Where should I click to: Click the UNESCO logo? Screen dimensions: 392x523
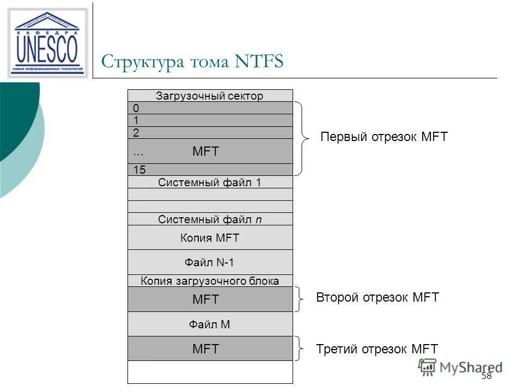point(47,42)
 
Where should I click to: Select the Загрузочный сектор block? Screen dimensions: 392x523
point(210,96)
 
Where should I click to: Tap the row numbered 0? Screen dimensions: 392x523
point(210,108)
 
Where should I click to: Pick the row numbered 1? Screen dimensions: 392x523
point(210,120)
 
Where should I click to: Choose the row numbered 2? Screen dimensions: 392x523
point(210,132)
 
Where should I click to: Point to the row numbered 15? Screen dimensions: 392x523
point(210,170)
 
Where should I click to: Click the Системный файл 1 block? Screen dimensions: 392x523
point(210,182)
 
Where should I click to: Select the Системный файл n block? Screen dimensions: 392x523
point(210,219)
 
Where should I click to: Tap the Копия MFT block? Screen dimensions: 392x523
point(210,238)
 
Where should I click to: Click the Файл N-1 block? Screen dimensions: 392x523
point(210,262)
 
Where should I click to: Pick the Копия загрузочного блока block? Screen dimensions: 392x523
point(210,281)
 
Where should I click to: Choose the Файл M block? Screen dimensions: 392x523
point(210,324)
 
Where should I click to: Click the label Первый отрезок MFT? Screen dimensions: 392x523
point(384,137)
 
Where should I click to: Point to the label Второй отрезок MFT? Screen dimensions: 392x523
point(377,297)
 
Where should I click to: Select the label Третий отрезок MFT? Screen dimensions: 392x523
point(376,349)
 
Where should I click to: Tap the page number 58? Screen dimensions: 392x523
point(486,376)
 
